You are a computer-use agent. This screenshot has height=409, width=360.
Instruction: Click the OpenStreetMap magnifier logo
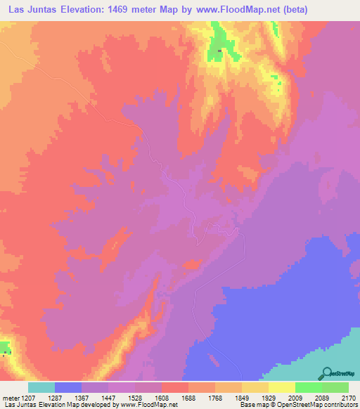[x=326, y=373]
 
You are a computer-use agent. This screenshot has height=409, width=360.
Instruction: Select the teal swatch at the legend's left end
[x=41, y=387]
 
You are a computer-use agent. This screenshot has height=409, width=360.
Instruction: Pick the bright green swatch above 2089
[x=309, y=387]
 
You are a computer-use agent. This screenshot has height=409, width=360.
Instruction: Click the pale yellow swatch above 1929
[x=282, y=387]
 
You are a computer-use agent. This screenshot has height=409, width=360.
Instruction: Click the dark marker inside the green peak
[x=219, y=50]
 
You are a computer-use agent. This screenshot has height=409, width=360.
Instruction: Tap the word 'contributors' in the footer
[x=338, y=405]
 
